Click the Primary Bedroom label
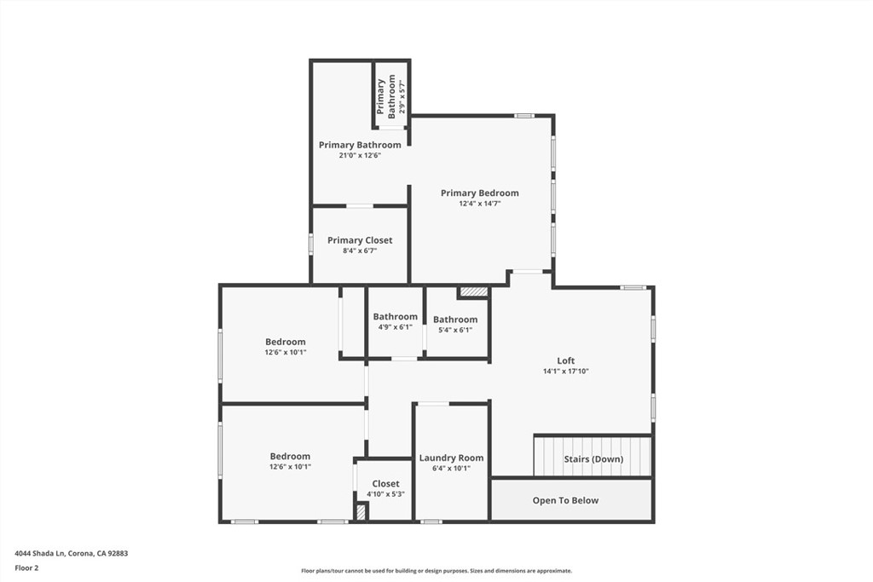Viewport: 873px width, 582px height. (x=479, y=193)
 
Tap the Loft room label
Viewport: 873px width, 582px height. (x=566, y=360)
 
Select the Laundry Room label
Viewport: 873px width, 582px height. (x=451, y=458)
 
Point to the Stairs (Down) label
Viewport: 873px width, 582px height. (x=593, y=459)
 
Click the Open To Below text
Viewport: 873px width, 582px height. (x=565, y=500)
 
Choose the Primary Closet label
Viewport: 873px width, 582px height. (x=360, y=240)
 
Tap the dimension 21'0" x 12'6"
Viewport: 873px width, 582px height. (x=359, y=155)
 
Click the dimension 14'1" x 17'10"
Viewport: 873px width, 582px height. (x=566, y=371)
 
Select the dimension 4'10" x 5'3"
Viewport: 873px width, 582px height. (x=385, y=494)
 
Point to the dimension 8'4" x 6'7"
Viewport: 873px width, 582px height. (x=359, y=251)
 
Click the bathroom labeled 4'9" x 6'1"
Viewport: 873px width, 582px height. (x=395, y=317)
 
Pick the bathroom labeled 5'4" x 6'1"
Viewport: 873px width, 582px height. (x=455, y=320)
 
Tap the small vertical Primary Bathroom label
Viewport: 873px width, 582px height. (x=386, y=96)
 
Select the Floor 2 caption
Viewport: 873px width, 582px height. (x=26, y=567)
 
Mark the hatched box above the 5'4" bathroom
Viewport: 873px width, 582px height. (x=473, y=291)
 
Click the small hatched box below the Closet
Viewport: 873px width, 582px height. (x=361, y=512)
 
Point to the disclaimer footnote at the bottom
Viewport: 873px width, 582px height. (x=436, y=571)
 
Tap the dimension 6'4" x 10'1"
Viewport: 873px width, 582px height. (x=451, y=468)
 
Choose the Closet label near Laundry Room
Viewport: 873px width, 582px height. (x=385, y=484)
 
